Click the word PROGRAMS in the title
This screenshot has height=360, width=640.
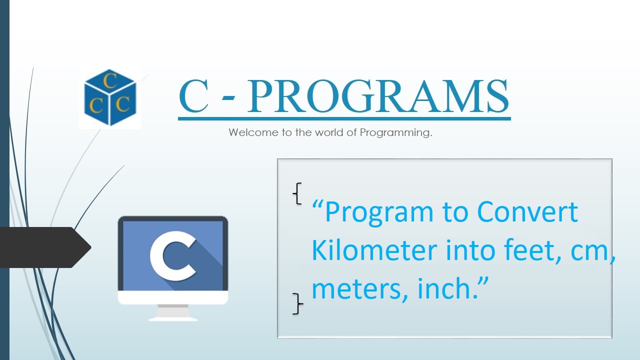coord(378,96)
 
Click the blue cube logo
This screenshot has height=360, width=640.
coord(110,97)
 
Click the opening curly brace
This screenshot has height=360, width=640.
coord(297,193)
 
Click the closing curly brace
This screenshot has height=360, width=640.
coord(297,303)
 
